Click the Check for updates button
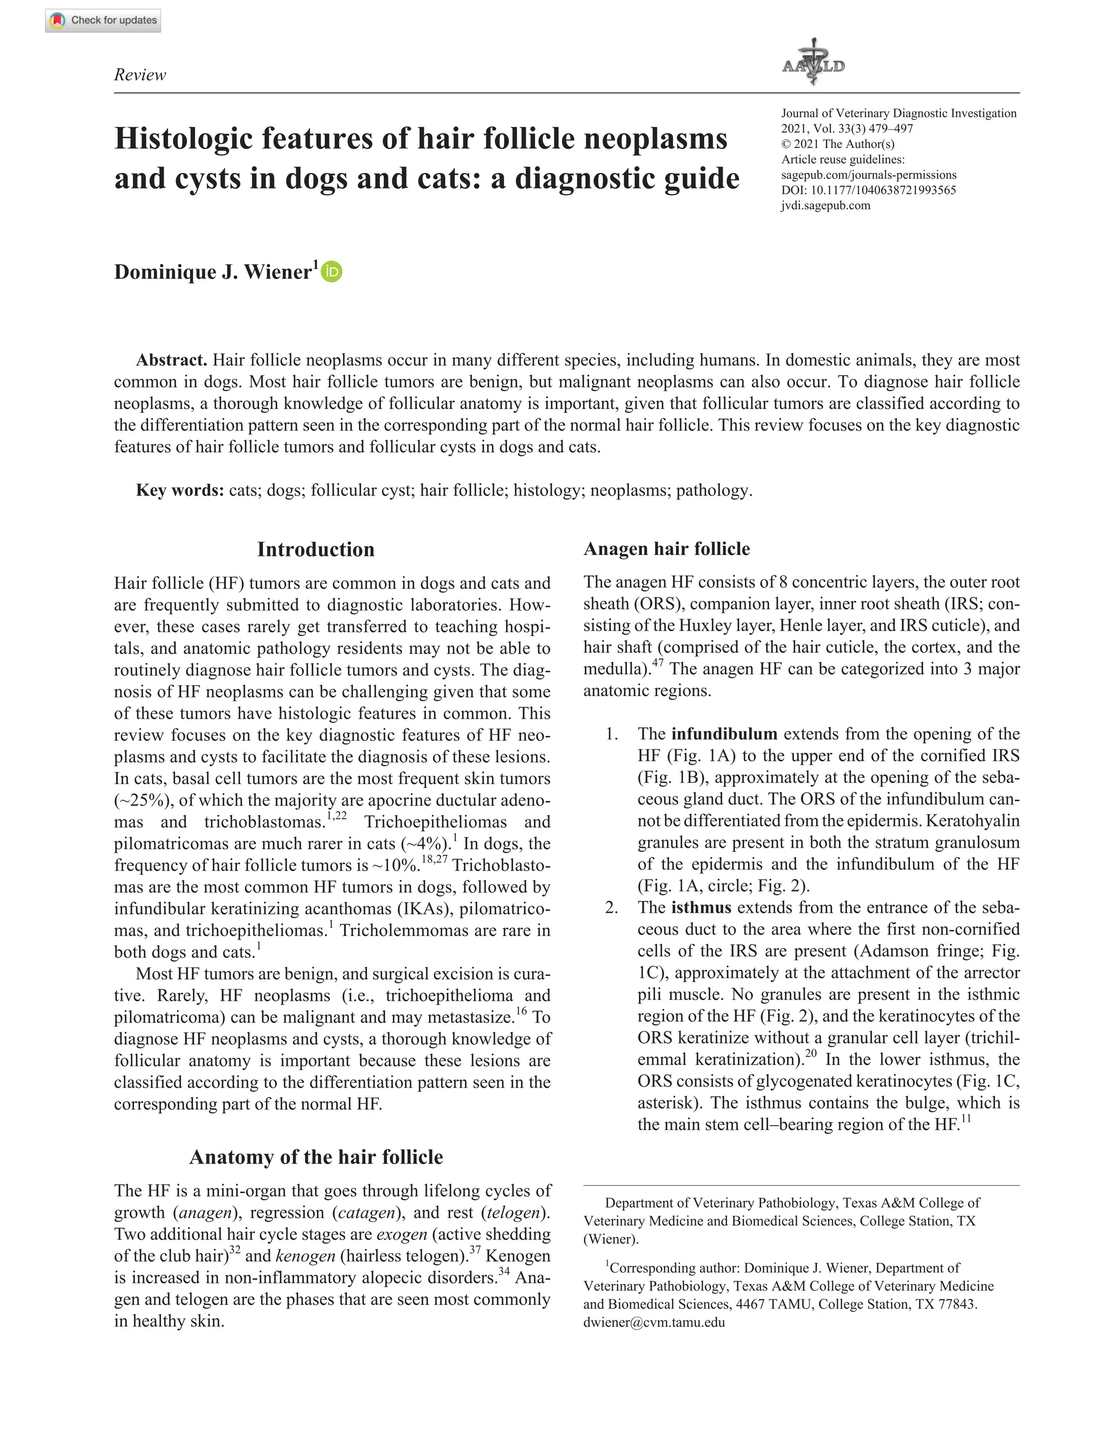tap(103, 21)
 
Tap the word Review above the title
tap(139, 75)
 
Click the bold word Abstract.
tap(171, 360)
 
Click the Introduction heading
tap(316, 550)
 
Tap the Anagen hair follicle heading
tap(666, 549)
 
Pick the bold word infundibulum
tap(724, 734)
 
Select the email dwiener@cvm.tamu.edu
tap(654, 1322)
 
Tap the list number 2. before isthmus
tap(612, 908)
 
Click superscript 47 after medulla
tap(658, 664)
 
